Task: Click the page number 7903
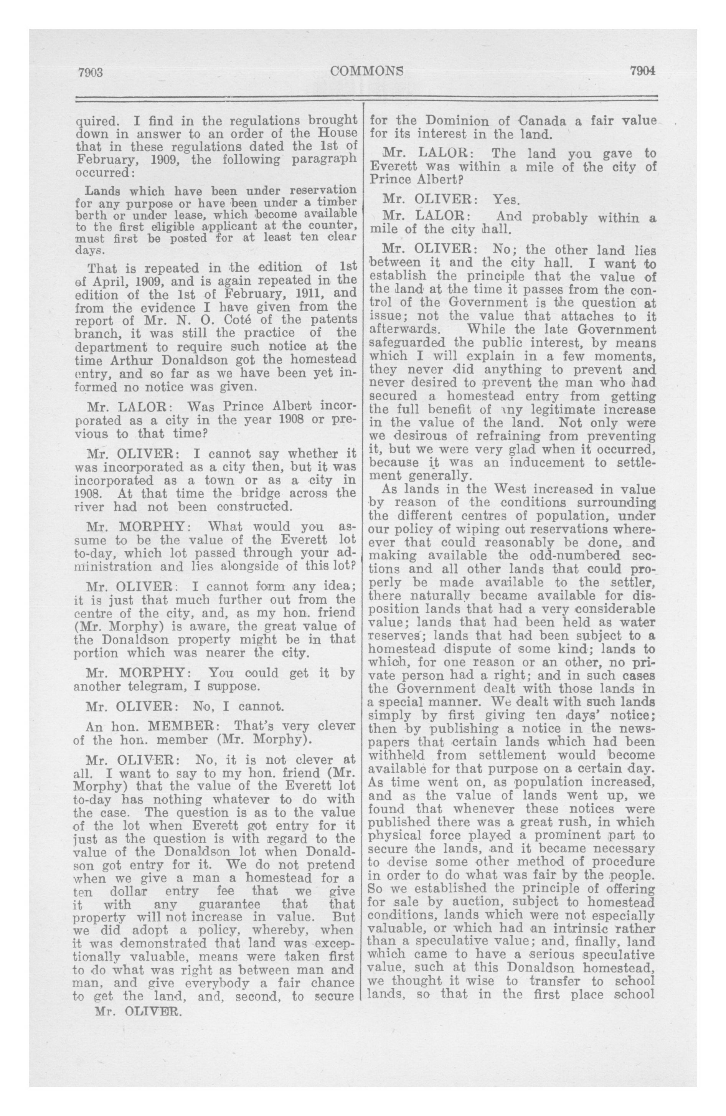coord(91,72)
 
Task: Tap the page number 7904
coord(642,71)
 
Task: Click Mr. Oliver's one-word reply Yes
coord(506,200)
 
